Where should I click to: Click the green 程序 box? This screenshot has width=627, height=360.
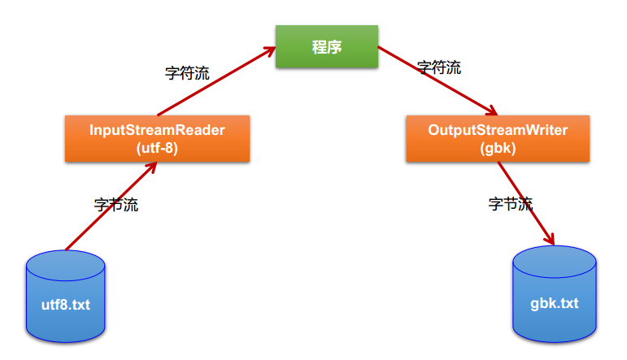click(326, 47)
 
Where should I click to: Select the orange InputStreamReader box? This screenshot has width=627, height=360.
click(157, 138)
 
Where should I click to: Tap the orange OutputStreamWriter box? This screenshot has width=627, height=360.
click(499, 138)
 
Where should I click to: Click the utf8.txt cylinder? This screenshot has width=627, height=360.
click(66, 297)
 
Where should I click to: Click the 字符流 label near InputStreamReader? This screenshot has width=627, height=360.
click(187, 73)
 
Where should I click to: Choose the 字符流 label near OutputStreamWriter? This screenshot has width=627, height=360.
click(439, 67)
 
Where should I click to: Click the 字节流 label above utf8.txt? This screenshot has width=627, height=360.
click(116, 205)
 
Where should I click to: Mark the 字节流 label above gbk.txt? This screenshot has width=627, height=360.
click(510, 204)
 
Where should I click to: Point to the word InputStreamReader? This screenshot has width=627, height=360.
click(157, 130)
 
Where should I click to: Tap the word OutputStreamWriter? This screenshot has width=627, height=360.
click(499, 130)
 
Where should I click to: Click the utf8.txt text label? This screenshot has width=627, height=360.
click(66, 306)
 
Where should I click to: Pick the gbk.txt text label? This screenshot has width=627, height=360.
click(555, 303)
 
